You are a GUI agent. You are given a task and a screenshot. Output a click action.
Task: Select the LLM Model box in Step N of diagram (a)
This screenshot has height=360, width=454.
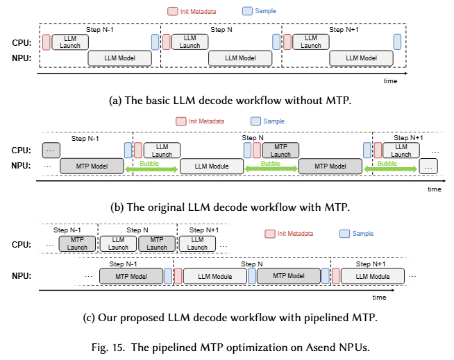click(241, 58)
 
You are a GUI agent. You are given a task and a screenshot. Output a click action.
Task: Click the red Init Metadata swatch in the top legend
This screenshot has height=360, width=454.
click(171, 11)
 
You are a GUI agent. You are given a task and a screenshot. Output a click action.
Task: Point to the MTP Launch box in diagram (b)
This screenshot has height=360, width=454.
click(280, 150)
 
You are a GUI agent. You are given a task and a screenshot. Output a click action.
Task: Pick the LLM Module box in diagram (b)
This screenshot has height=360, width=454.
click(211, 166)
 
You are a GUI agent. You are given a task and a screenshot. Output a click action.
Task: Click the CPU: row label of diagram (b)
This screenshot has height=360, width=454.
click(20, 150)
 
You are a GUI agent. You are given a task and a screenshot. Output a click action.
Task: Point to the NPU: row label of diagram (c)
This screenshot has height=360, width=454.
click(20, 276)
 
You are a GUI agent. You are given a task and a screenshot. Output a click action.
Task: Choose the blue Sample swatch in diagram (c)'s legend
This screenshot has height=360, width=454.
click(344, 234)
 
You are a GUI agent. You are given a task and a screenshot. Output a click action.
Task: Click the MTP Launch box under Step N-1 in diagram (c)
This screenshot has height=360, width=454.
click(77, 243)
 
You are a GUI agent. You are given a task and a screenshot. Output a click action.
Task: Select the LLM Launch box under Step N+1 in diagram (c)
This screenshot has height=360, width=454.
click(197, 243)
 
